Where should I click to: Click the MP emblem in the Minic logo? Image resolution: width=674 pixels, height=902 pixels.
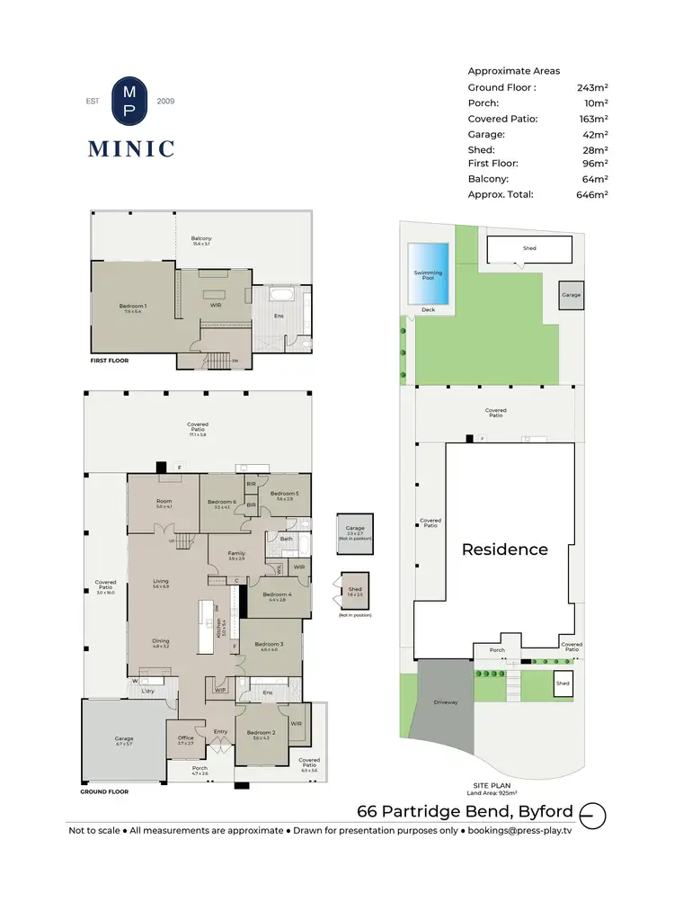click(130, 101)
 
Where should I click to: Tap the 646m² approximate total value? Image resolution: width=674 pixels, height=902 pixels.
click(592, 194)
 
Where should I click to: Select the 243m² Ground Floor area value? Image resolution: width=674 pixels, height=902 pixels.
click(592, 88)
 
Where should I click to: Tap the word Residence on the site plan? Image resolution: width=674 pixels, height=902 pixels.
click(504, 549)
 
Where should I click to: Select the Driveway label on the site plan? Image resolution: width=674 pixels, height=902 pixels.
click(446, 701)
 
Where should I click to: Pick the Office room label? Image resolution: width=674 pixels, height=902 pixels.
click(185, 739)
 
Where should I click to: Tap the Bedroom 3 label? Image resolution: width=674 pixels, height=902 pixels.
click(269, 646)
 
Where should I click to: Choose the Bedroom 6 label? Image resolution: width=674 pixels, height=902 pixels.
click(221, 504)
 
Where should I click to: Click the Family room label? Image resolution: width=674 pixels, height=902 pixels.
click(236, 555)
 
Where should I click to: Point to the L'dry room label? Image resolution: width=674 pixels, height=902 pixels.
click(148, 690)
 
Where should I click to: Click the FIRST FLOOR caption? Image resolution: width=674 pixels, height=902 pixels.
click(110, 361)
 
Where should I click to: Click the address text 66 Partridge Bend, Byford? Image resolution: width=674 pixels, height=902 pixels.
click(465, 811)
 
